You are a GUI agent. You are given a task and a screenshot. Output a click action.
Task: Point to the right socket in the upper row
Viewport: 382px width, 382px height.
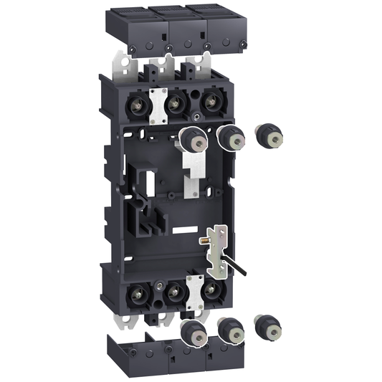click(211, 102)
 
